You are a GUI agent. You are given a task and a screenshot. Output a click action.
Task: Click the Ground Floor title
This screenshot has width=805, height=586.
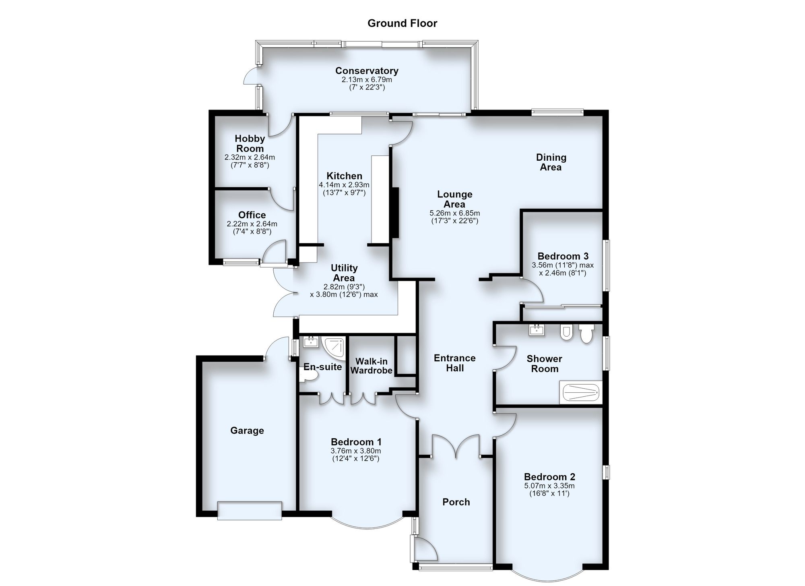click(x=402, y=23)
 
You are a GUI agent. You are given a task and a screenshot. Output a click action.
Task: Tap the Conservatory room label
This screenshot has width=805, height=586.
click(x=367, y=70)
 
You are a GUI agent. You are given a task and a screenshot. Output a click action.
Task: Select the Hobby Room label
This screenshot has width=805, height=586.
click(x=250, y=143)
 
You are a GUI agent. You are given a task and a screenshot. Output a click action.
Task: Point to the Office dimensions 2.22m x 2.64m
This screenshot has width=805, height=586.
click(x=252, y=224)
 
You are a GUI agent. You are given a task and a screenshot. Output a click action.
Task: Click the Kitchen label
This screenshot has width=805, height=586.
click(x=345, y=176)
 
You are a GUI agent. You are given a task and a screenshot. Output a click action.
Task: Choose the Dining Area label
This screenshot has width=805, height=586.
click(x=551, y=162)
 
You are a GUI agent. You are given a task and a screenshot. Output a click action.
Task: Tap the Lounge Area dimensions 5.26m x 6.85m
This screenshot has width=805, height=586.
click(x=455, y=213)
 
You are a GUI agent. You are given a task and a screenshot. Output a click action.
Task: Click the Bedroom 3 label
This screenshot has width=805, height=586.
click(x=563, y=256)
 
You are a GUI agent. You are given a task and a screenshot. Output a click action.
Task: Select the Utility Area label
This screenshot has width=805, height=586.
click(x=344, y=273)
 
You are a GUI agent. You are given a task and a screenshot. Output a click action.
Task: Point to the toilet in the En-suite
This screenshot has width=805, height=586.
click(x=309, y=376)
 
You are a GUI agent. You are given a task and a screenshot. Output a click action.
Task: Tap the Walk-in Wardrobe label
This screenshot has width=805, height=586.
click(x=372, y=366)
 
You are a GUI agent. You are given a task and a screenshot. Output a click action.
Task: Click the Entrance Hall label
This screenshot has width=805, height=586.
click(x=455, y=363)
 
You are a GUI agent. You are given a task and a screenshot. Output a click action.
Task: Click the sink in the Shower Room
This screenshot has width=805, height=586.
click(x=537, y=330)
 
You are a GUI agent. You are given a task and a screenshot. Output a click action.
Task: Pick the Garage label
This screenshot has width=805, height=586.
click(x=247, y=431)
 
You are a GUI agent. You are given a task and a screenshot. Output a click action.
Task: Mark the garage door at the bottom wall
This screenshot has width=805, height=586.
click(x=250, y=511)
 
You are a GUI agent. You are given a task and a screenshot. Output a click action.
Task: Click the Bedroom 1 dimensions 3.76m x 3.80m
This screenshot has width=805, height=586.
click(x=356, y=451)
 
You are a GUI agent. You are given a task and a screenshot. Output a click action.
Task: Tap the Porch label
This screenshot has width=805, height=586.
click(x=456, y=502)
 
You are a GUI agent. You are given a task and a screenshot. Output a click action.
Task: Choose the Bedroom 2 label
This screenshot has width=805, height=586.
click(x=549, y=476)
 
